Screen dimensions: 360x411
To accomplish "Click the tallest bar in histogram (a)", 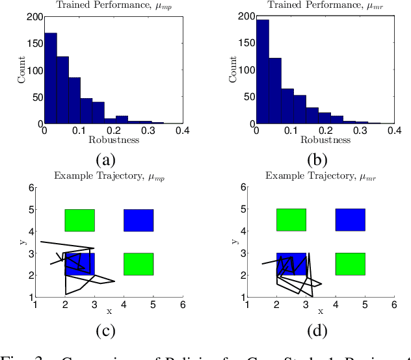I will pos(50,78).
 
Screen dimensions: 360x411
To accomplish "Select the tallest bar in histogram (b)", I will pos(262,71).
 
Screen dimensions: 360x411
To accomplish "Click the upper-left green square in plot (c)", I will pos(79,220).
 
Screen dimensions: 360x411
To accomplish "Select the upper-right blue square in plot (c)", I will pos(139,220).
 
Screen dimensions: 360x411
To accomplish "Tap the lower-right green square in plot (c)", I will pos(139,264).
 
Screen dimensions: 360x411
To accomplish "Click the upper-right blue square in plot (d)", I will pos(350,220).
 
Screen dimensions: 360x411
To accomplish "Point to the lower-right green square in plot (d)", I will pos(350,264).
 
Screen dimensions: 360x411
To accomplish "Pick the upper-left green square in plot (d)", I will pos(291,220).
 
